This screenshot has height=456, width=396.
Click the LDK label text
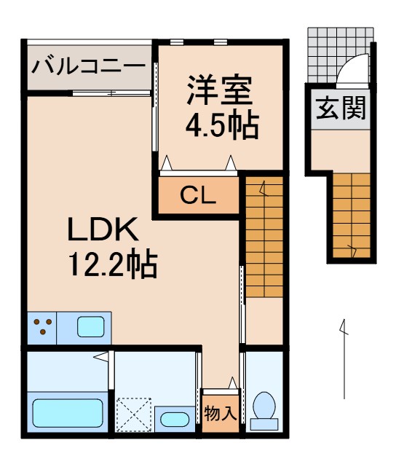[x=103, y=231]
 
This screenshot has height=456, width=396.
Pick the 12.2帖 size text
[x=113, y=264]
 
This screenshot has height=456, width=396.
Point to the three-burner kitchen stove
[x=42, y=326]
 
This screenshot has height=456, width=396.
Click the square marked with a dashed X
[x=135, y=414]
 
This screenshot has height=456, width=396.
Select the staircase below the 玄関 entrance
[x=352, y=216]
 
